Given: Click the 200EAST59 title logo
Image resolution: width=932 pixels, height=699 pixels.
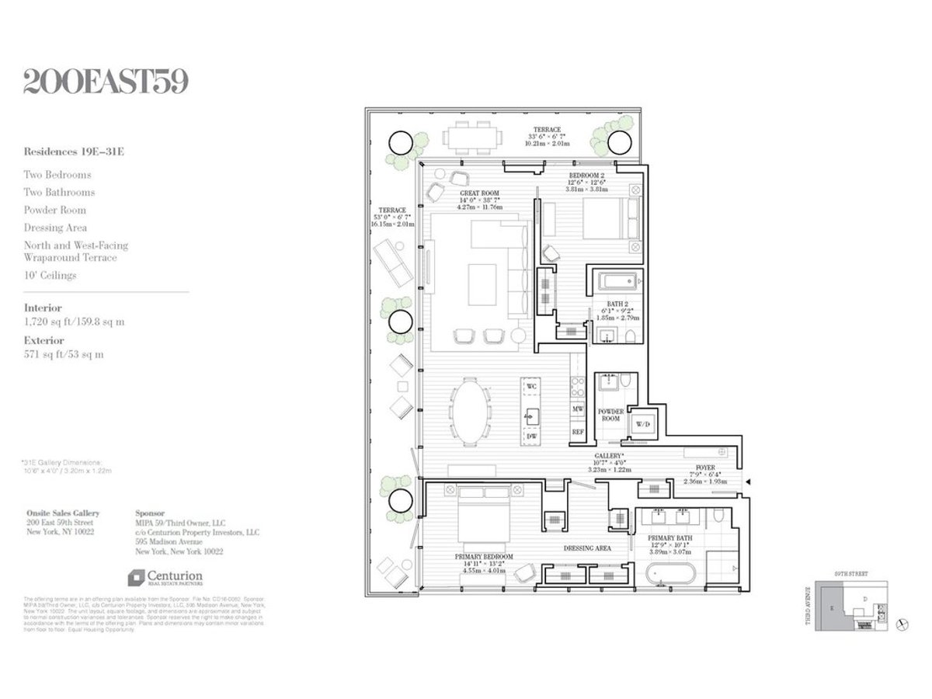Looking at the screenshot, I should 106,82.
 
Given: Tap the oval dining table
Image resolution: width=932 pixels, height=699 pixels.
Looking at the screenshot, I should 471,411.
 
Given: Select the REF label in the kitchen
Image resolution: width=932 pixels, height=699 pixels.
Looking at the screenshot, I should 578,432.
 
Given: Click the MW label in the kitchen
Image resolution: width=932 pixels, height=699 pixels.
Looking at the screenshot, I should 578,408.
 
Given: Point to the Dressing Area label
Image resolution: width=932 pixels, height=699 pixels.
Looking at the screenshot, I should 587,548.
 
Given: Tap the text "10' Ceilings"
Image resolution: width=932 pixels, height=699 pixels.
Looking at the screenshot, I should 50,275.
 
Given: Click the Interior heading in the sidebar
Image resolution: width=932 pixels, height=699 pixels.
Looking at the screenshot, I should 43,308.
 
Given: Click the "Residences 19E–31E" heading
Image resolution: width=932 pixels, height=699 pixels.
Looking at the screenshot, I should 73,152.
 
